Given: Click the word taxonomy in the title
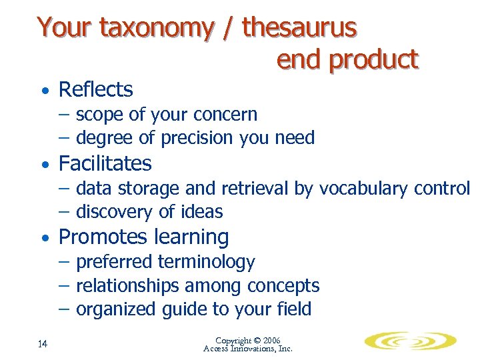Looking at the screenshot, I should click(157, 28).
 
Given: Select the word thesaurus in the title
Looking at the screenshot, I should click(299, 28).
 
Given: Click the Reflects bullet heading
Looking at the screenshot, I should click(96, 89).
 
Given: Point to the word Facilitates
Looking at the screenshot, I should click(105, 163).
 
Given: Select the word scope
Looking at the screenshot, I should click(100, 115).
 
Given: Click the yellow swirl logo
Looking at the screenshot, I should click(411, 341).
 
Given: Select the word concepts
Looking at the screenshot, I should click(283, 286).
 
